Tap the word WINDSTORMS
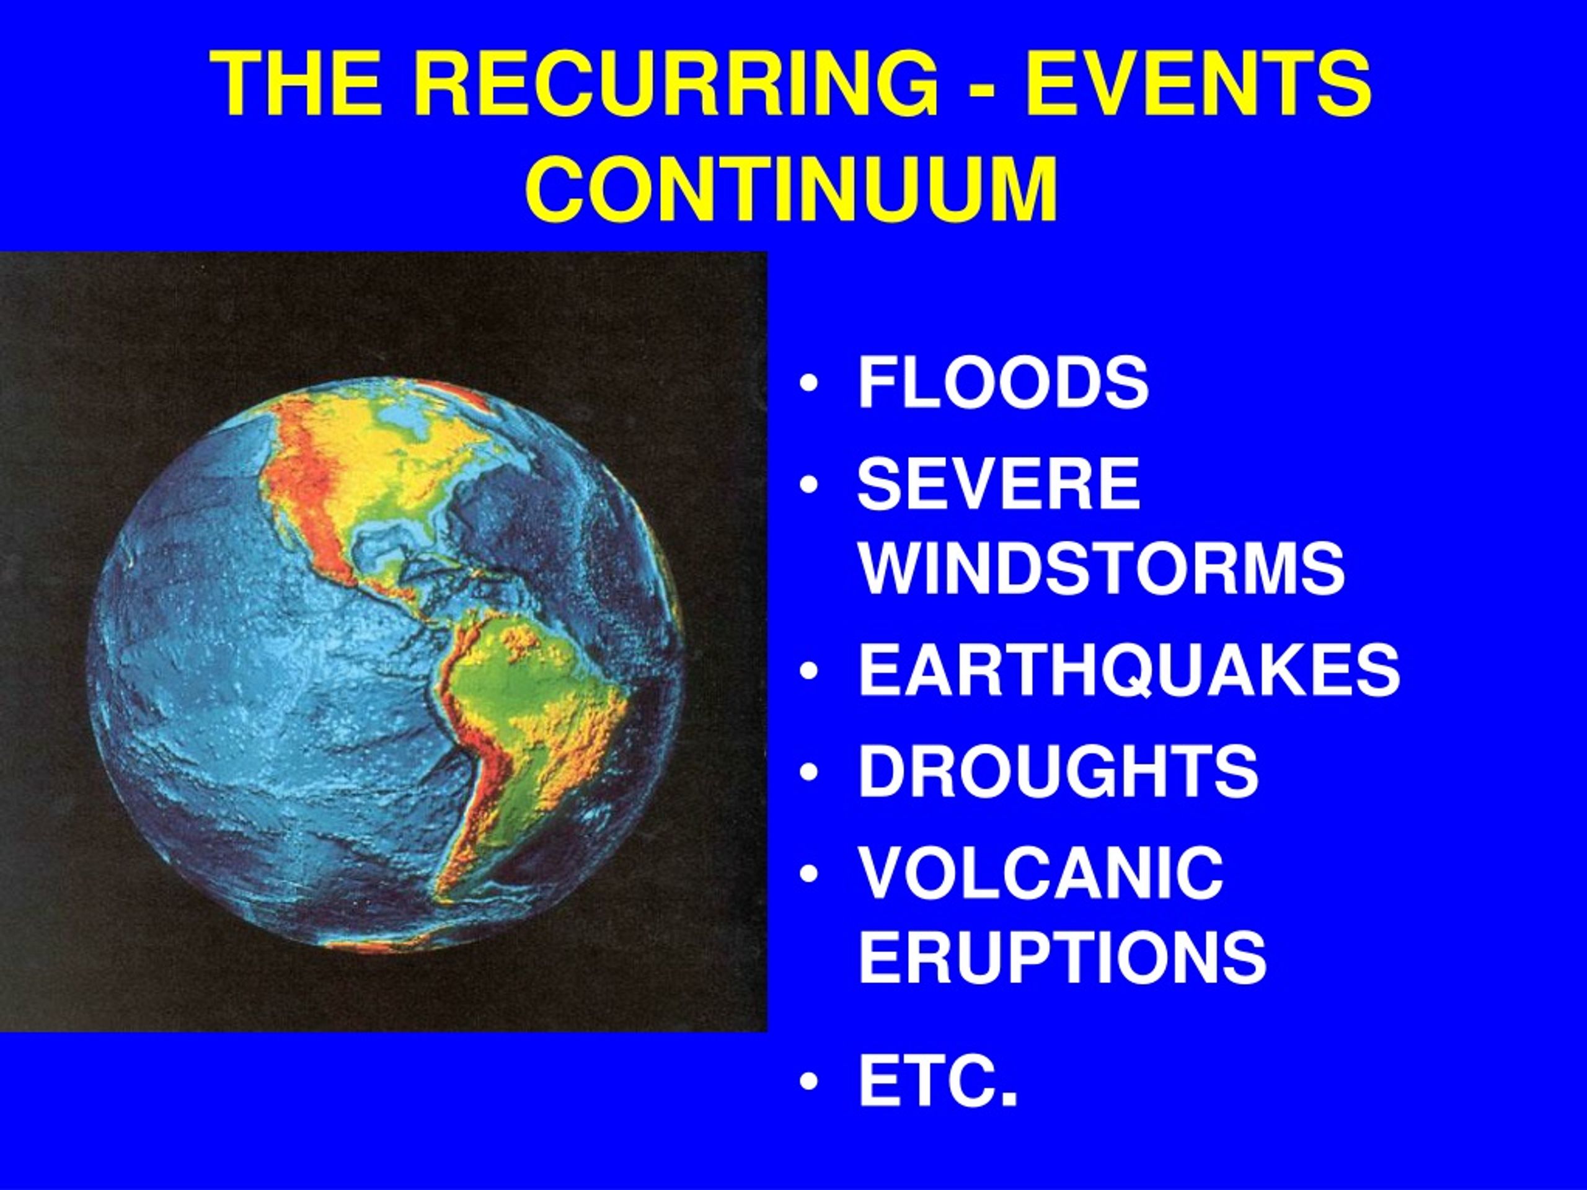(x=1101, y=568)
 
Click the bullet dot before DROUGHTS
(x=810, y=772)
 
